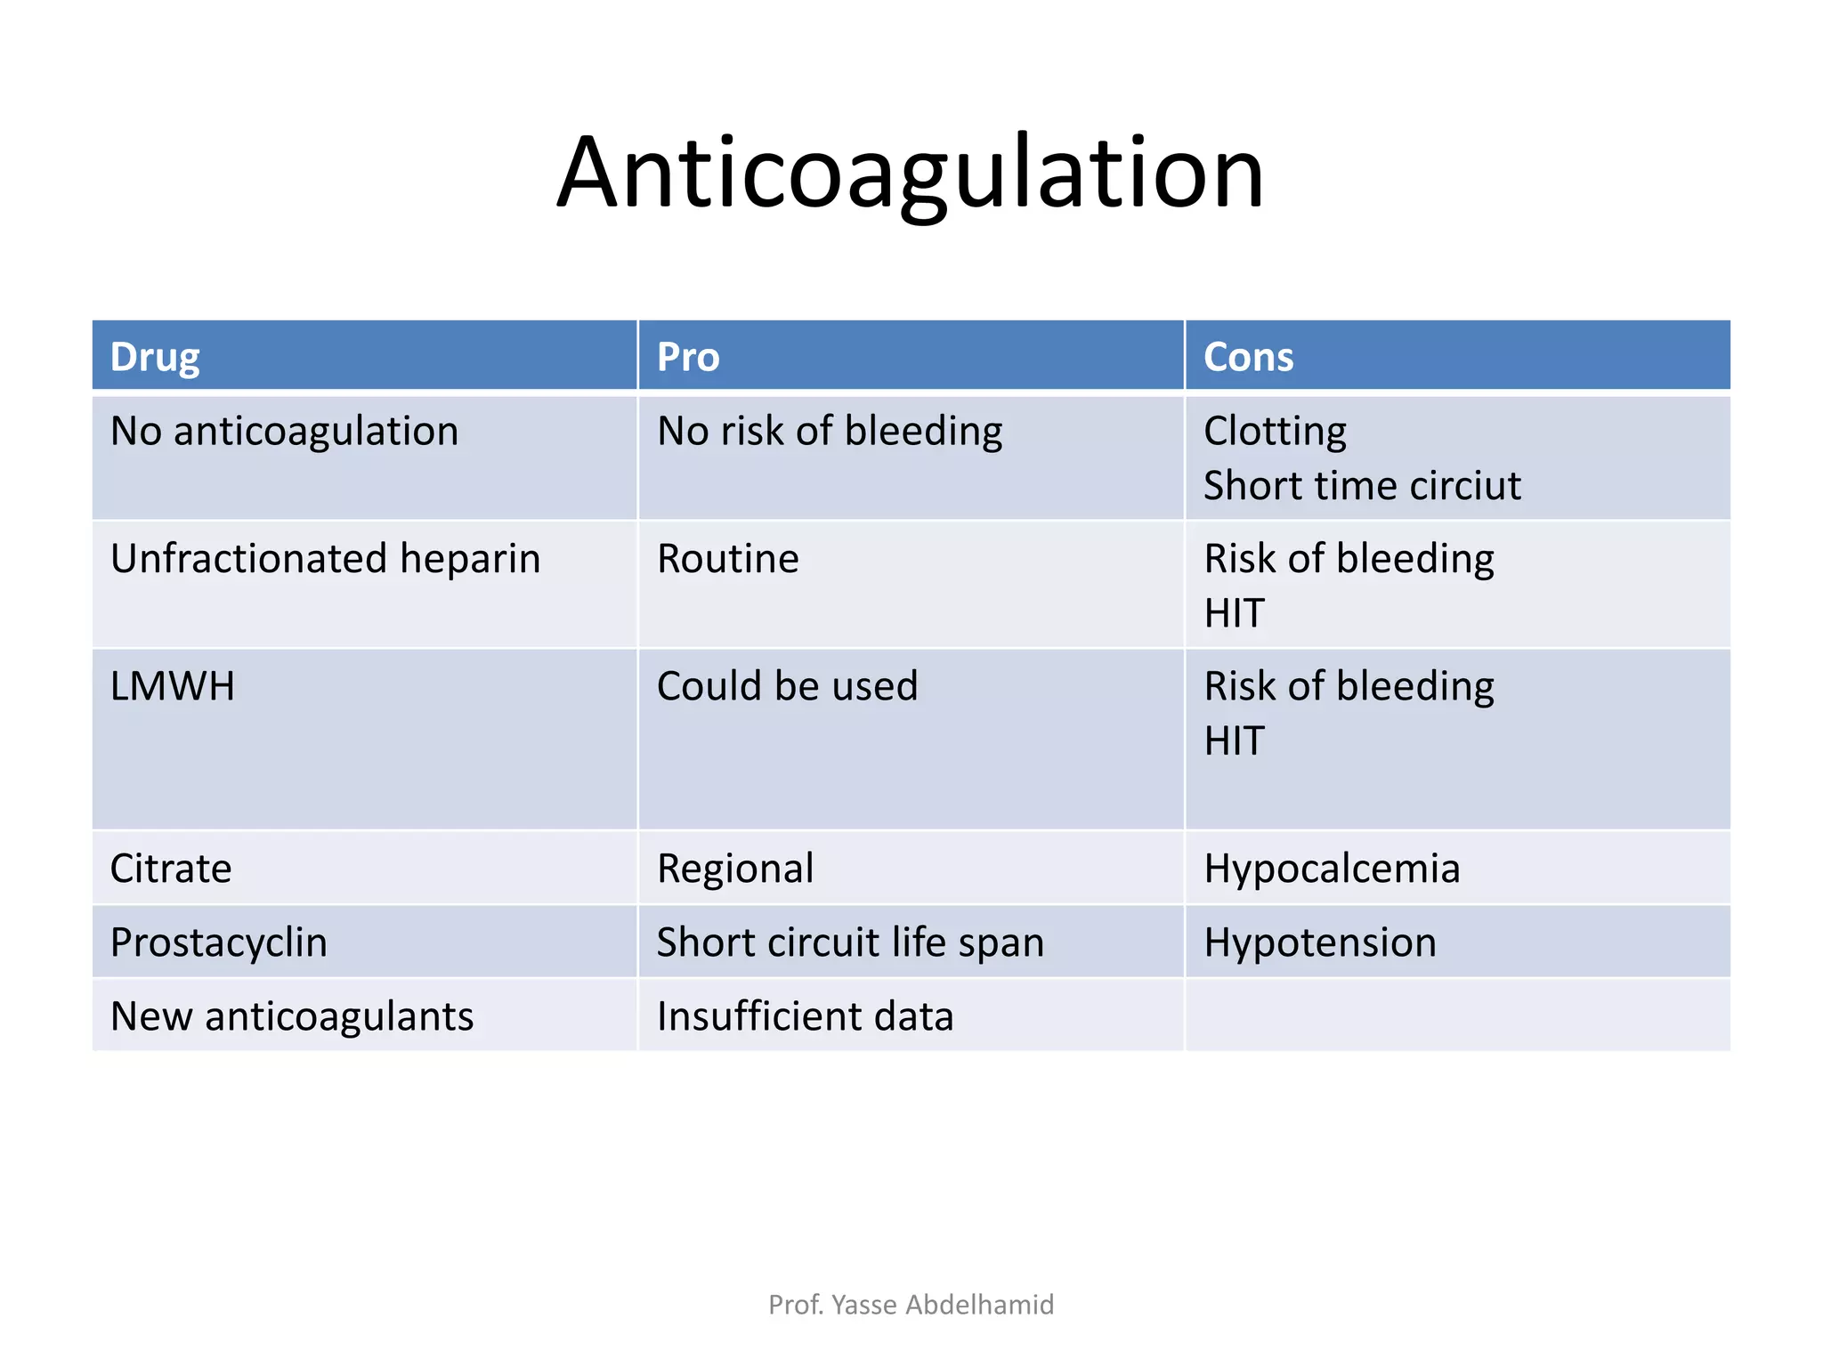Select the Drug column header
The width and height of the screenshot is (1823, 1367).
point(155,358)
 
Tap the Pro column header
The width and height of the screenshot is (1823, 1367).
point(688,358)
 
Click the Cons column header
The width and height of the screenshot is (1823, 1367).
point(1248,358)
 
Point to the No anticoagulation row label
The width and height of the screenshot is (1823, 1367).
point(284,432)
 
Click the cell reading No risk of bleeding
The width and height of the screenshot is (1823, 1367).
point(830,432)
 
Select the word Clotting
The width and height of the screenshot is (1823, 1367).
point(1275,432)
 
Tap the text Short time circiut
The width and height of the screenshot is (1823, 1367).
point(1362,486)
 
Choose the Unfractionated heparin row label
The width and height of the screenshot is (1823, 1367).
point(325,559)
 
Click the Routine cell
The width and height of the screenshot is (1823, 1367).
point(728,559)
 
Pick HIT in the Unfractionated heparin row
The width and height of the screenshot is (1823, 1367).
point(1234,613)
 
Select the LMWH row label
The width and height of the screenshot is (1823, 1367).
point(173,687)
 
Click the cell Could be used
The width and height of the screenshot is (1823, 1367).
point(787,687)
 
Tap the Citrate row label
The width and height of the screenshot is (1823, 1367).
point(171,869)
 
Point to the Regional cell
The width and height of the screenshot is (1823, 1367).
point(735,869)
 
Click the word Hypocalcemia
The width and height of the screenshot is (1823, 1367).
point(1332,869)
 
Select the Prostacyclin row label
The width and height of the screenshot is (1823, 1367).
point(219,942)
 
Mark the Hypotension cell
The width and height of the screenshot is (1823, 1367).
point(1320,942)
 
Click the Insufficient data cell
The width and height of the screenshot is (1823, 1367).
point(805,1016)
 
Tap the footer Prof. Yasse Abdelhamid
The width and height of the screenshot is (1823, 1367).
point(911,1305)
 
